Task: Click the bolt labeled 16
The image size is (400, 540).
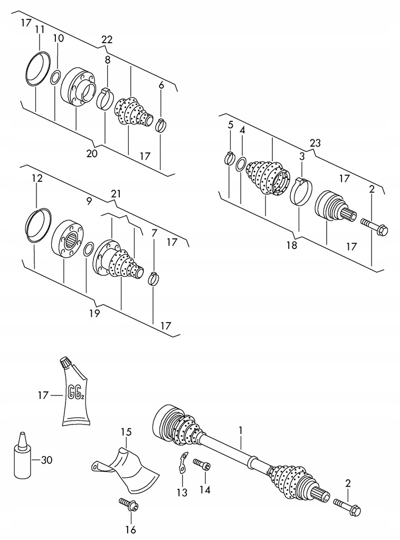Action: click(x=128, y=505)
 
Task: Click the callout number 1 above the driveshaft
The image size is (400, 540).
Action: click(x=240, y=430)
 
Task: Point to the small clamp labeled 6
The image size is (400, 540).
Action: click(x=161, y=124)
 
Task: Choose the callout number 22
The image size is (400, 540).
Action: click(x=107, y=40)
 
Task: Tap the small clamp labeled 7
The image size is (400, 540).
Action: click(x=154, y=277)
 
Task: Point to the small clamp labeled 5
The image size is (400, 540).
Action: click(x=230, y=157)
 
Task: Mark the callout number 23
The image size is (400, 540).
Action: click(x=315, y=143)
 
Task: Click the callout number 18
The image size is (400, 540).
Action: click(x=291, y=245)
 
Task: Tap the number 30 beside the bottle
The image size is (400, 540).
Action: click(x=46, y=460)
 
